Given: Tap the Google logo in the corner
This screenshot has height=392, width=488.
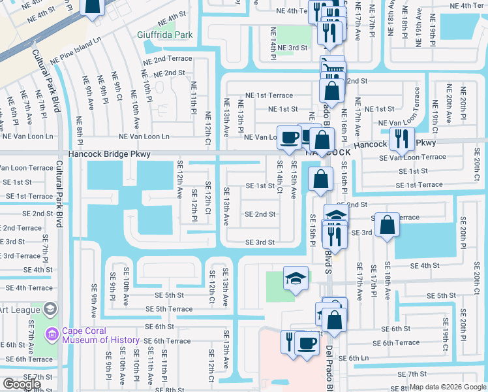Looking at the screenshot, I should click(x=22, y=384).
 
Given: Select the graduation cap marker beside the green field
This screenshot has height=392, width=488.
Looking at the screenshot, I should click(x=295, y=279).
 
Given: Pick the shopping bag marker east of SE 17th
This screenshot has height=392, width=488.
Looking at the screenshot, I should click(x=388, y=224).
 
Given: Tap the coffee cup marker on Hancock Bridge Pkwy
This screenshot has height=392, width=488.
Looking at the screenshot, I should click(x=289, y=137).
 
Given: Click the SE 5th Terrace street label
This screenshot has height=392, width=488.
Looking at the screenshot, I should click(x=169, y=309).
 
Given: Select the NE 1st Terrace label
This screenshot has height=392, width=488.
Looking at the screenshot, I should click(x=269, y=95).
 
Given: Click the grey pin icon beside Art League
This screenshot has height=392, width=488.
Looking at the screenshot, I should click(x=50, y=310).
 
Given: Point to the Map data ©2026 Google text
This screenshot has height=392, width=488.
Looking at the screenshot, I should click(x=446, y=387).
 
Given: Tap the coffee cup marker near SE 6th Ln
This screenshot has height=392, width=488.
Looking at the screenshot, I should click(x=307, y=342).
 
